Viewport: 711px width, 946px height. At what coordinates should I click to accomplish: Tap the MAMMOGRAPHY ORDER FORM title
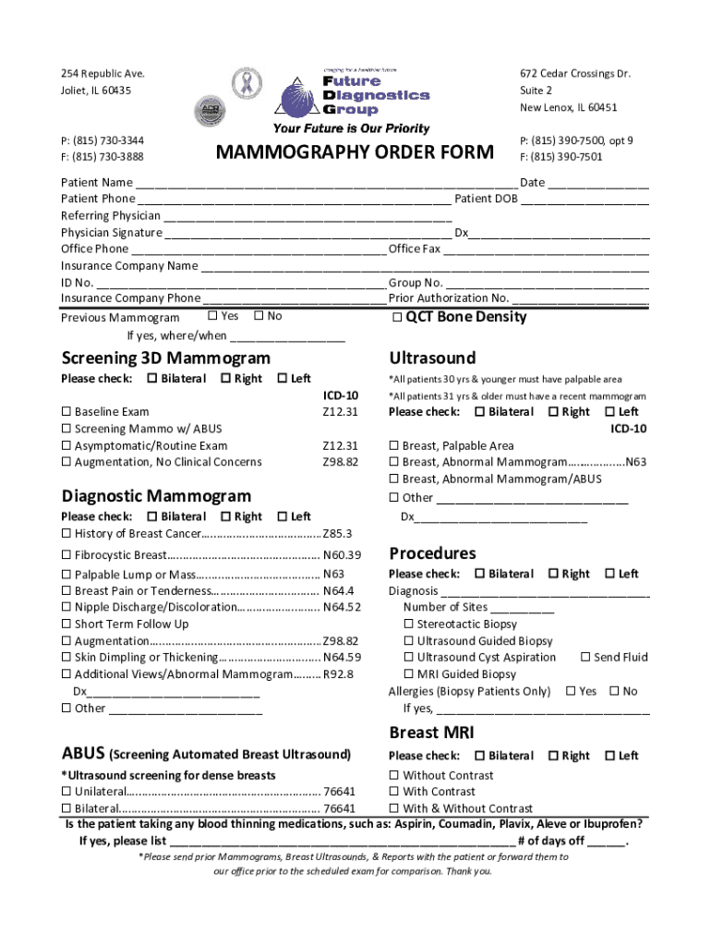point(355,152)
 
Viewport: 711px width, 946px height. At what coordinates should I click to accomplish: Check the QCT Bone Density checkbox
point(396,318)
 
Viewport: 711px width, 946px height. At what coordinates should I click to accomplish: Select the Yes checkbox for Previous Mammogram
point(212,316)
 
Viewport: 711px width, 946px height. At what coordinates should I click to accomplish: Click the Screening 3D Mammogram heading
point(166,358)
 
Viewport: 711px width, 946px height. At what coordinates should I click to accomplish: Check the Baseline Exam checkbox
point(66,412)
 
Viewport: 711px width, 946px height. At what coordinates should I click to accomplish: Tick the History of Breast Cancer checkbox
point(66,534)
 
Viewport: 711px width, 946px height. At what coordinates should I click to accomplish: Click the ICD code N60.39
point(342,555)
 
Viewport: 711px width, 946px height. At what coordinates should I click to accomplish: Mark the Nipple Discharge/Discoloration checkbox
point(66,608)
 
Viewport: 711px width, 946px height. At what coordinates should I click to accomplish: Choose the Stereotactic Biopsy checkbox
point(409,625)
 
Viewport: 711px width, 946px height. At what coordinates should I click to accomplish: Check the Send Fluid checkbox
point(585,658)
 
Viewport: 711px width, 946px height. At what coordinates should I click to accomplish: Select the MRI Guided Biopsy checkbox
point(409,674)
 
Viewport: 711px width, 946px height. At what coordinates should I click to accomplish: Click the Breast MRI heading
point(431,733)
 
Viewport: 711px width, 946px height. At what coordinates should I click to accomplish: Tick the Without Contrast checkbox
point(394,776)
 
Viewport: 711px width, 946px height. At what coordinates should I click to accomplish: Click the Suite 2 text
point(536,91)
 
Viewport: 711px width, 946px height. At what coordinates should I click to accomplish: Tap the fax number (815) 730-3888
point(102,157)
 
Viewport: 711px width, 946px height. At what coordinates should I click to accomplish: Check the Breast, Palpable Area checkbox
point(394,446)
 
